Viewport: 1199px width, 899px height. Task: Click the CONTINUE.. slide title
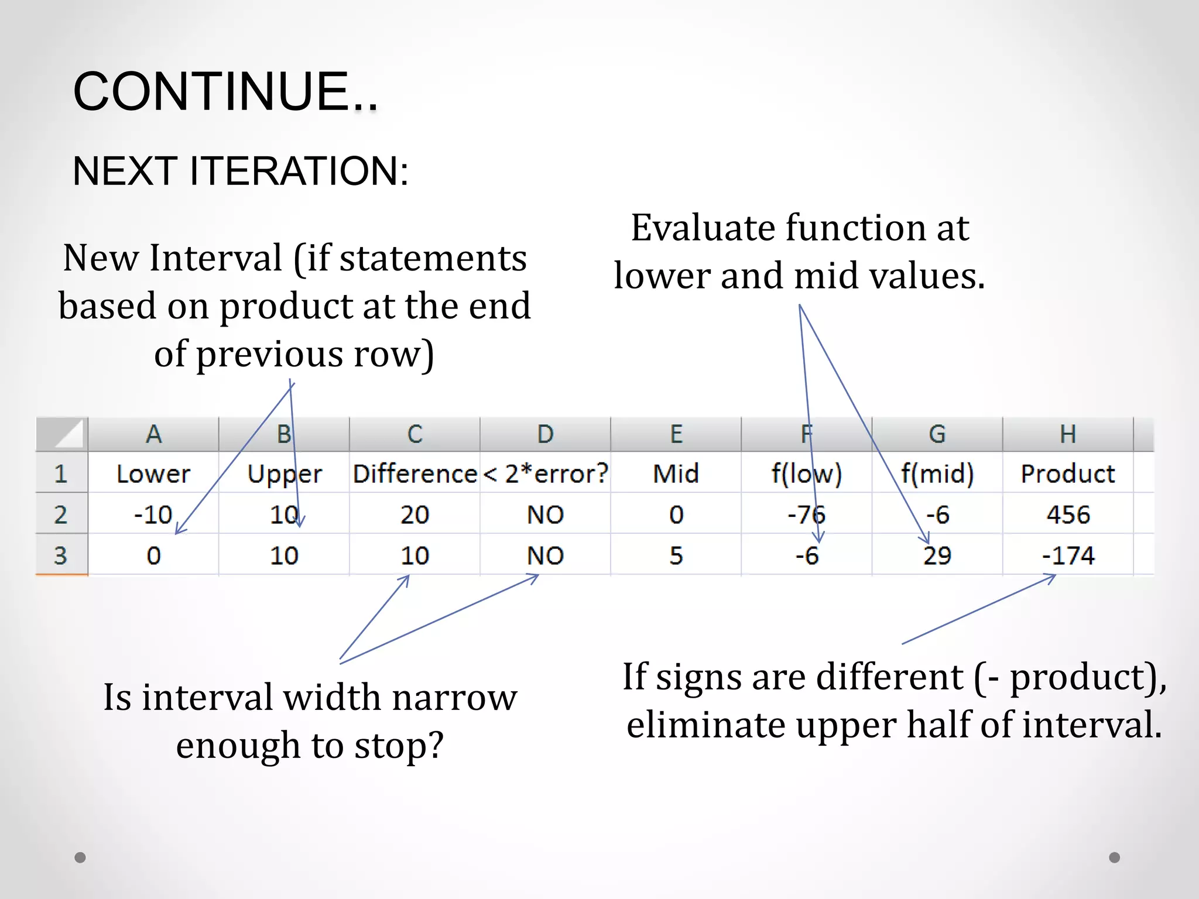[x=225, y=92]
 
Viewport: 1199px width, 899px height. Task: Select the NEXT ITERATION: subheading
[x=240, y=171]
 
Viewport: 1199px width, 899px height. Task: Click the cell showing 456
[x=1068, y=514]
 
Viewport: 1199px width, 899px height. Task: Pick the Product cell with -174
[x=1068, y=555]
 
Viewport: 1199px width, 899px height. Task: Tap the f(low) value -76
[x=806, y=514]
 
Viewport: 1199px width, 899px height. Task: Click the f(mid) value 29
[x=937, y=555]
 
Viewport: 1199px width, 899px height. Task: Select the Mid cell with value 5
[x=676, y=555]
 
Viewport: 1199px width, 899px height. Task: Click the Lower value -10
[x=153, y=514]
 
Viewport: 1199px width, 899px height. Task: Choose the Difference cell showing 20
[x=414, y=514]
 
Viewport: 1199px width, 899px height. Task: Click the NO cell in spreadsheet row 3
[x=545, y=555]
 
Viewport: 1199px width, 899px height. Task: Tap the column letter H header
[x=1068, y=434]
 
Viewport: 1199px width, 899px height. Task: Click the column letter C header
[x=414, y=434]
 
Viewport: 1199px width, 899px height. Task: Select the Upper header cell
[x=285, y=473]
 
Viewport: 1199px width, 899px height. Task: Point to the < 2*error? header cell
[x=546, y=473]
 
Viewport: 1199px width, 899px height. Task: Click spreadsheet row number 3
[x=61, y=555]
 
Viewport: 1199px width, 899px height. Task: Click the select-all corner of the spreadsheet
[x=62, y=434]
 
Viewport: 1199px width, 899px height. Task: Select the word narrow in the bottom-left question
[x=454, y=698]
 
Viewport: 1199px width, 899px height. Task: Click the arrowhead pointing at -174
[x=1054, y=577]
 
